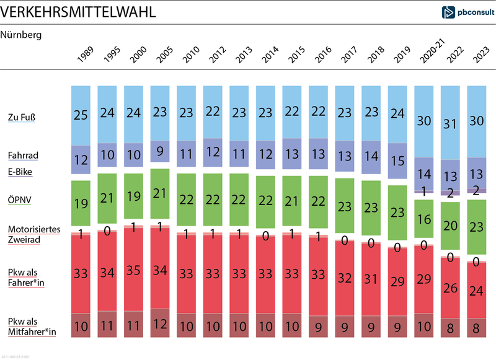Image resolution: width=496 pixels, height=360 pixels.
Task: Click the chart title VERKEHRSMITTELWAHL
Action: (x=78, y=12)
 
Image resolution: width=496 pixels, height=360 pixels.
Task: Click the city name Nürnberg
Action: (x=20, y=35)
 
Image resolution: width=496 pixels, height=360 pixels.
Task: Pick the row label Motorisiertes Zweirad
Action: (x=33, y=234)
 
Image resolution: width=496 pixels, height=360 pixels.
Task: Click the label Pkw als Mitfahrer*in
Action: (x=32, y=327)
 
